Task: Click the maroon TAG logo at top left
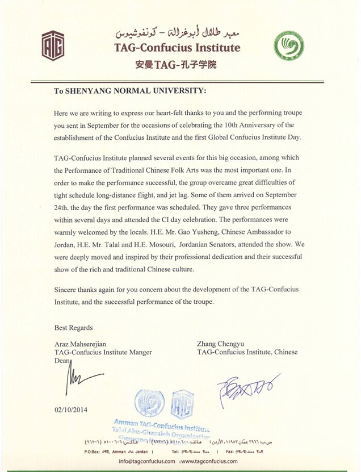point(53,45)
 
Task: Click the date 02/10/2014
point(72,409)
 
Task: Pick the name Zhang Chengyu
point(221,344)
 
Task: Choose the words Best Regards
point(74,328)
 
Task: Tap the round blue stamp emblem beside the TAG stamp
point(149,403)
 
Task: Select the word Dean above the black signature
point(62,361)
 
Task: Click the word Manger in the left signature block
point(140,352)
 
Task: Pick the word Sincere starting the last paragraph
point(67,290)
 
